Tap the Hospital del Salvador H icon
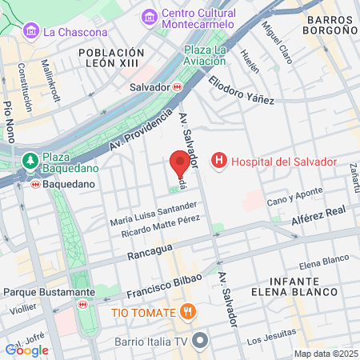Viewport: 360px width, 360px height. pyautogui.click(x=218, y=162)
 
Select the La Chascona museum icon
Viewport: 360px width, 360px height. pyautogui.click(x=31, y=32)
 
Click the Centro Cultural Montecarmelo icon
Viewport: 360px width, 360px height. pyautogui.click(x=149, y=16)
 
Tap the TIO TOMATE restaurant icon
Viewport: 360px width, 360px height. pyautogui.click(x=189, y=310)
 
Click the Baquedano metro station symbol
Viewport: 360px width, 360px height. pyautogui.click(x=34, y=184)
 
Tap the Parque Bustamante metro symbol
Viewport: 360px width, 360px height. pyautogui.click(x=82, y=304)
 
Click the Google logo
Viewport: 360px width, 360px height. pyautogui.click(x=26, y=350)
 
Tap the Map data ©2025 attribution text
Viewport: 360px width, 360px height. pyautogui.click(x=325, y=354)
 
